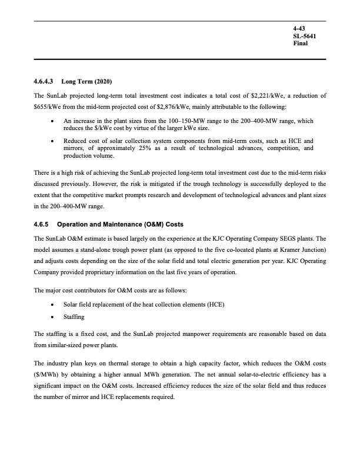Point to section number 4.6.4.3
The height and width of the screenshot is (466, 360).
click(x=45, y=81)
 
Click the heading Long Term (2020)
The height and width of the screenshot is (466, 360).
click(x=86, y=81)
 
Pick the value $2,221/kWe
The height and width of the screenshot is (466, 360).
click(x=250, y=95)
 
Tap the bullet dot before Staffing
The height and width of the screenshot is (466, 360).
click(x=54, y=317)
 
